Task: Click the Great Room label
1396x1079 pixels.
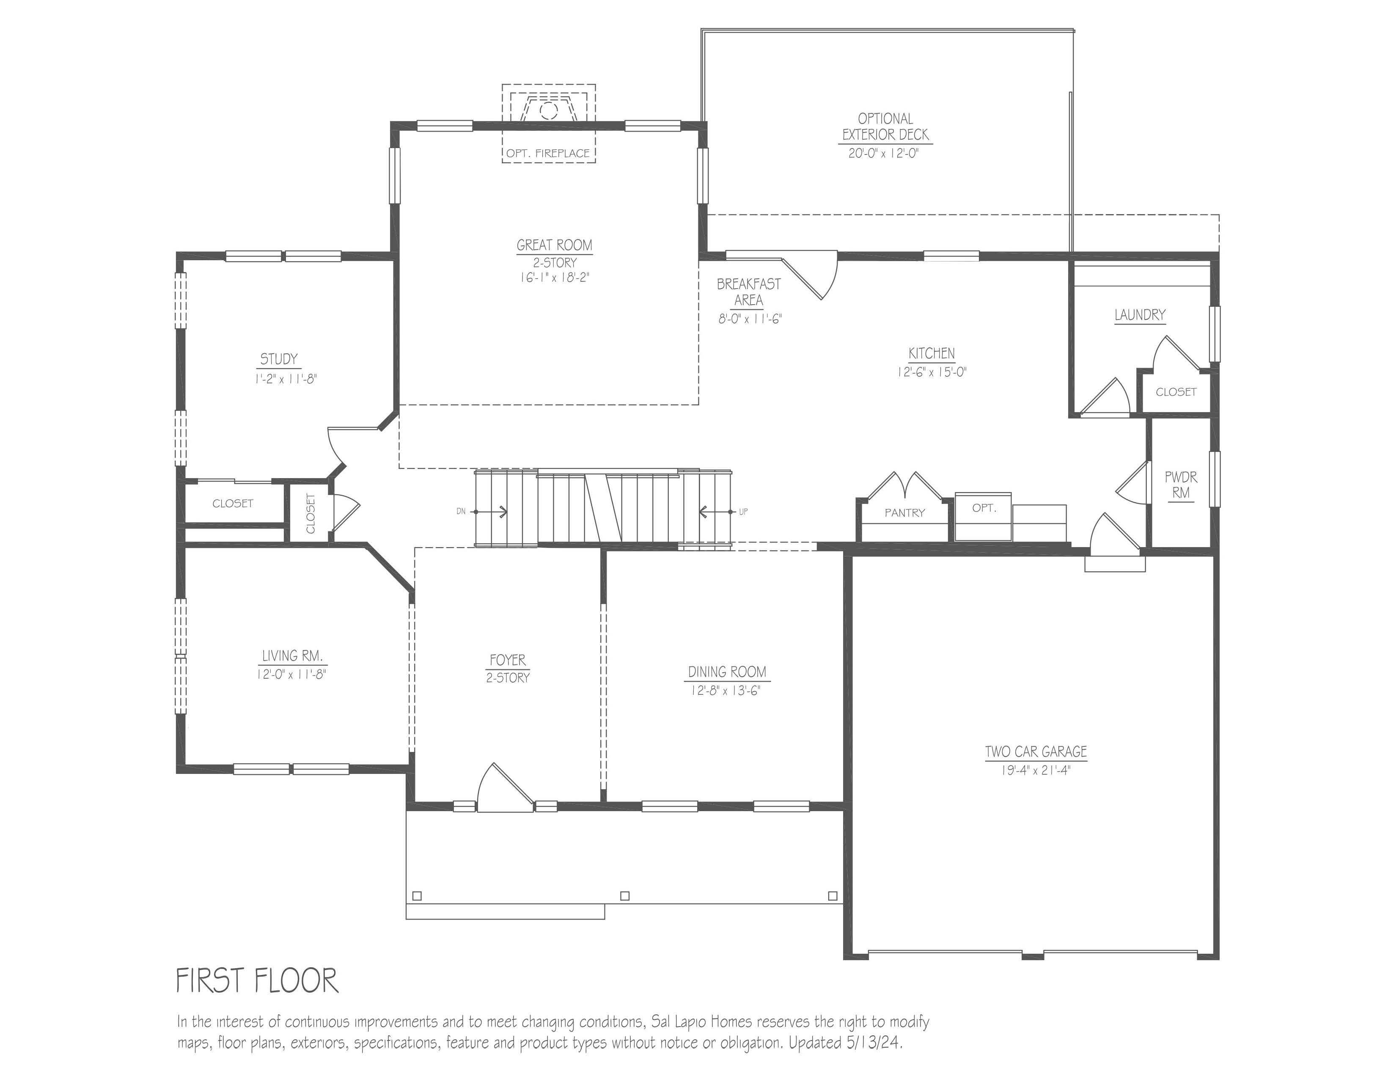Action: pos(554,245)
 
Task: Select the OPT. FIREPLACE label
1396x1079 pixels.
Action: pos(548,154)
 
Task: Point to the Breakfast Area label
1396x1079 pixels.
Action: pos(748,292)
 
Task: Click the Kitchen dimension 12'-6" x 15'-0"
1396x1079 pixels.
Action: pos(932,372)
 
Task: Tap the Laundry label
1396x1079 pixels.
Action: pos(1140,314)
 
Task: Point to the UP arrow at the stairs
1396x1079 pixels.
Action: pos(716,512)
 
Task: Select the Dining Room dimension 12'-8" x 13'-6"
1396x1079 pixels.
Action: pos(725,691)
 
